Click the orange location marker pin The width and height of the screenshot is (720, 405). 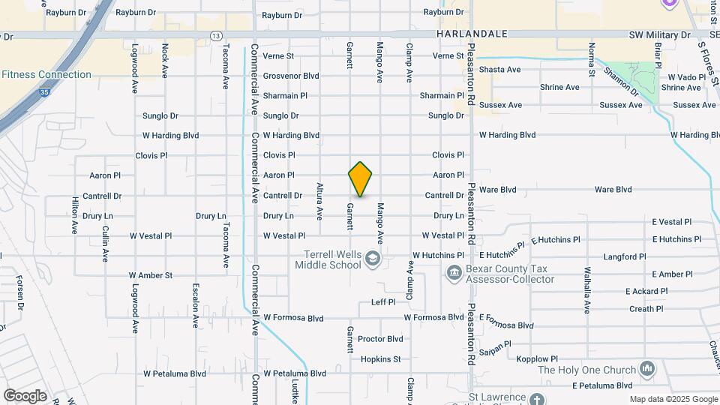[x=360, y=179]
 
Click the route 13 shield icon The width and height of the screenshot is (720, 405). [x=216, y=36]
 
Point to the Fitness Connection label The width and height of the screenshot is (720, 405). [x=46, y=75]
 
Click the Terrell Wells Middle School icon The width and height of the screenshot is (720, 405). [x=372, y=259]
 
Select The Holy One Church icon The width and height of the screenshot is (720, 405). [x=647, y=369]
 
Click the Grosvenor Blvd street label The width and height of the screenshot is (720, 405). [x=291, y=76]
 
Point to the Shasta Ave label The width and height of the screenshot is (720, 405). [x=499, y=70]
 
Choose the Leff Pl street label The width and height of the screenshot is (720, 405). [x=383, y=302]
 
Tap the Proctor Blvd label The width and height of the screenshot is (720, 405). [x=380, y=339]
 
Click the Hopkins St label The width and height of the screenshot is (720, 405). [x=381, y=359]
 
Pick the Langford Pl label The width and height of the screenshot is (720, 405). [x=624, y=256]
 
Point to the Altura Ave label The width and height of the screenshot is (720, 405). [x=319, y=201]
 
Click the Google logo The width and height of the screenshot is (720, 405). [x=25, y=396]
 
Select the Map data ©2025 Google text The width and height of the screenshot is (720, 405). [x=672, y=400]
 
